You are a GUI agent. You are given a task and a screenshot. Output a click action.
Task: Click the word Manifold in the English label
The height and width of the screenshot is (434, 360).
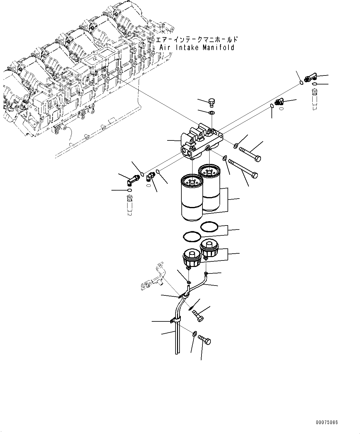click(219, 48)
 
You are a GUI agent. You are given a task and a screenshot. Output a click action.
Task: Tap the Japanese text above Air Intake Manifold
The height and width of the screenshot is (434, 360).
click(197, 40)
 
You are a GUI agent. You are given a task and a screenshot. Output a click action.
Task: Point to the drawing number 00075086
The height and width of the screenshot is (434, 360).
click(327, 422)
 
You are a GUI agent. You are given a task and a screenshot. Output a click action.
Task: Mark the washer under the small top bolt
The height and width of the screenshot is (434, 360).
click(212, 113)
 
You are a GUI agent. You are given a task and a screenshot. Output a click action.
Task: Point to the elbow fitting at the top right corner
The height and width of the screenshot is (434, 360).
click(310, 78)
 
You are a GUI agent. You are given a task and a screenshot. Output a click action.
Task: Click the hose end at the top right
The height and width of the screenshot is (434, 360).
click(314, 99)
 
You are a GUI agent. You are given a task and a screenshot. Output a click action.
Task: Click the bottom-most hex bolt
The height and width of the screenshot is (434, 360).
click(205, 339)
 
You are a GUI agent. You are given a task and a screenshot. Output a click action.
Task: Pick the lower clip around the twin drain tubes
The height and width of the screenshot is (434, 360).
click(176, 321)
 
